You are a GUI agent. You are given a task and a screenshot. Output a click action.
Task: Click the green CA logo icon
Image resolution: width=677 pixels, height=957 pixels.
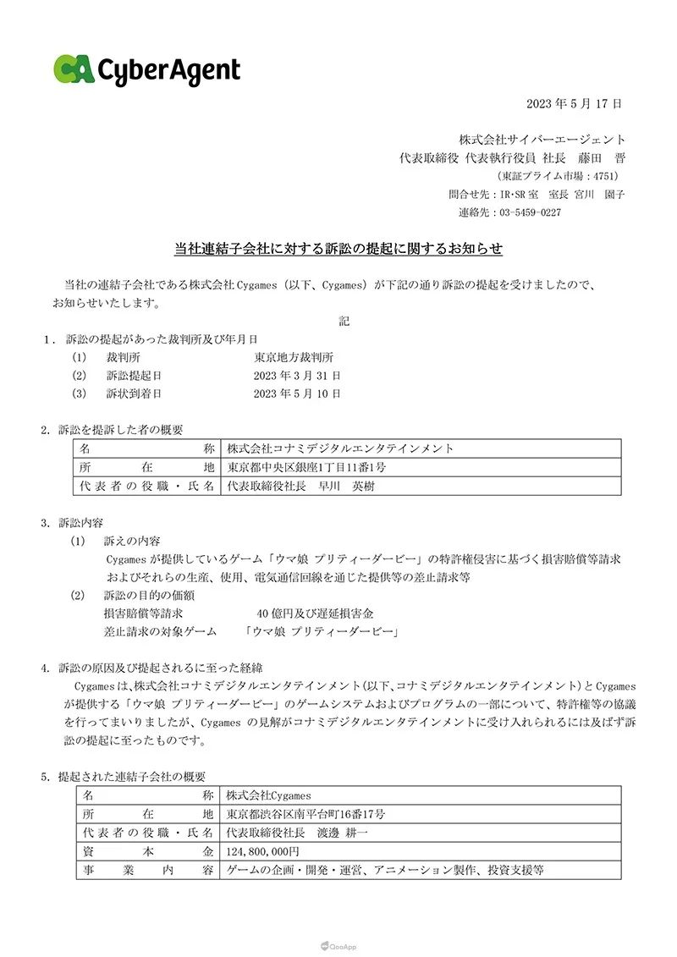coord(74,69)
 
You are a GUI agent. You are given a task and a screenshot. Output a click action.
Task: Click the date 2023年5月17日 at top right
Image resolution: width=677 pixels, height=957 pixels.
coord(574,104)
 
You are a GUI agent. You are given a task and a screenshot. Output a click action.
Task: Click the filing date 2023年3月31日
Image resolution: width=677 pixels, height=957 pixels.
coord(297,375)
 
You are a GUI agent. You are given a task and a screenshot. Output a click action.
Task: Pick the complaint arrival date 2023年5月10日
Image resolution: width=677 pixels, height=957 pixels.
coord(297,393)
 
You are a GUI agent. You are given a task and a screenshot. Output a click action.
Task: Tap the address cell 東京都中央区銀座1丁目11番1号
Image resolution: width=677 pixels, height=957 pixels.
coord(308,467)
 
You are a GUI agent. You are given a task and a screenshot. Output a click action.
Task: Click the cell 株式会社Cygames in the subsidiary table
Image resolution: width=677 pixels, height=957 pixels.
coord(269,795)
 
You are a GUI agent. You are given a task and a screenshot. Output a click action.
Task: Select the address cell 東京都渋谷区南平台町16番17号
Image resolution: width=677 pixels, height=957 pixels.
coord(306,814)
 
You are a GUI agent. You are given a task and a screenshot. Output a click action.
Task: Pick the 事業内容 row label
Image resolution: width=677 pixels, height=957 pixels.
coord(148,869)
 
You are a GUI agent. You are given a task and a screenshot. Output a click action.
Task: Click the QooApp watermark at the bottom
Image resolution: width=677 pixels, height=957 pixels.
coord(338,947)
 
